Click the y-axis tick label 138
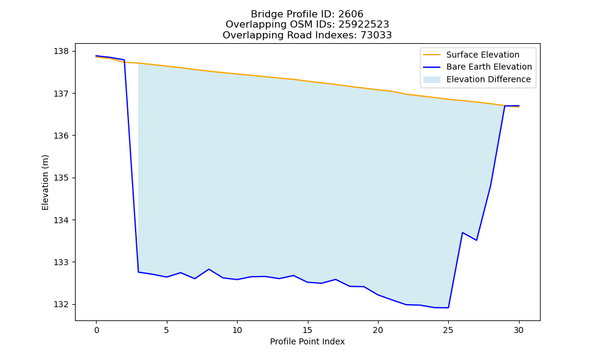click(62, 51)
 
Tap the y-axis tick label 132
click(62, 305)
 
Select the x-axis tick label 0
click(97, 330)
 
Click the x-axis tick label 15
click(307, 330)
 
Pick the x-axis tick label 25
click(448, 330)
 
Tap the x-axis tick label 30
click(518, 330)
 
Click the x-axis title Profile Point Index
click(307, 341)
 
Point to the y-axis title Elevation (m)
click(45, 182)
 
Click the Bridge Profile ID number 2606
click(350, 14)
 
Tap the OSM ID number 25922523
click(364, 25)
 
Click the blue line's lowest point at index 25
click(448, 308)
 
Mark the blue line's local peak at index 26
click(462, 233)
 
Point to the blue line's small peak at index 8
click(209, 269)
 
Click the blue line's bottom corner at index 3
click(139, 272)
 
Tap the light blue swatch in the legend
click(431, 80)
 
